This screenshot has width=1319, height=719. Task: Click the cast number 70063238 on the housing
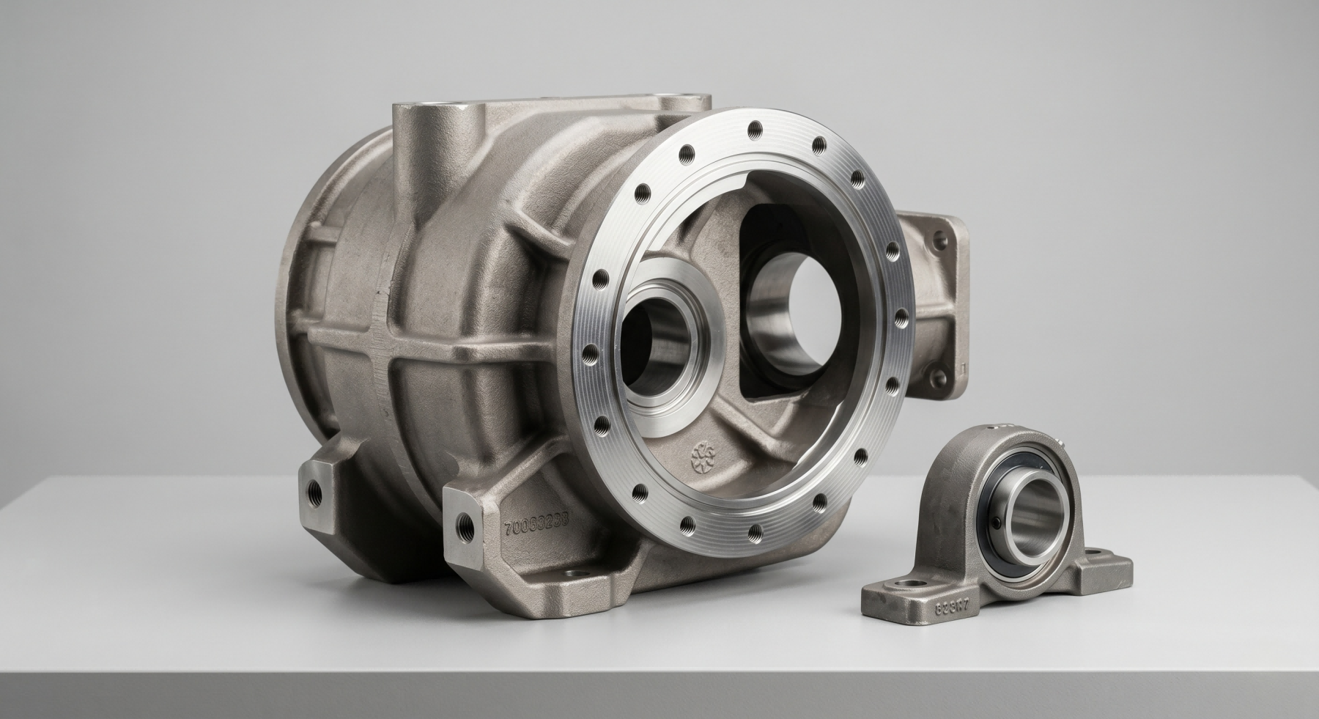point(536,526)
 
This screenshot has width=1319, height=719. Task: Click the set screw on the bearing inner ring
point(996,522)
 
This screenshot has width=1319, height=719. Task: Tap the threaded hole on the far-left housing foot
point(314,491)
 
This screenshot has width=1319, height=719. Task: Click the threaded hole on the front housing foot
point(464,523)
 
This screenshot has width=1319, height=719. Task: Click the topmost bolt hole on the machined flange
point(753,130)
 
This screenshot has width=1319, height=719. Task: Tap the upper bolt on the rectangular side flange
point(939,239)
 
